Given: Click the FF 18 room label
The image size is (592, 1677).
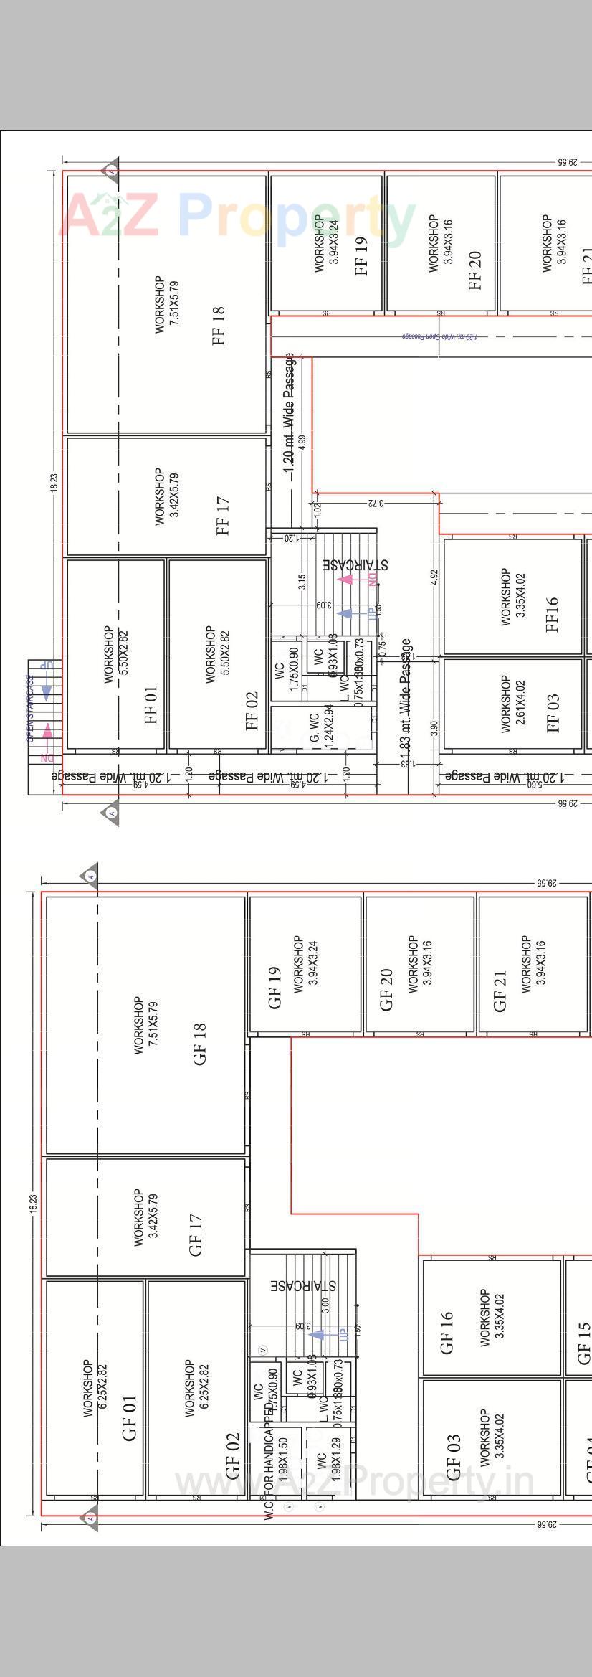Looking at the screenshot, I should (219, 326).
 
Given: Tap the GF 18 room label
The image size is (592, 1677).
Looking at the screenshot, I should (199, 1044).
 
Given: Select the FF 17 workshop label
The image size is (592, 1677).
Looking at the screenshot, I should (222, 516).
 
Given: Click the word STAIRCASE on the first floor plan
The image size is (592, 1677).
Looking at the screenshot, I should (355, 564).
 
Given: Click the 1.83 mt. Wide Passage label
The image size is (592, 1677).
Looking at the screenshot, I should (406, 703).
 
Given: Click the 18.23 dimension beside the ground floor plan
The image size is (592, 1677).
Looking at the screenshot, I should (33, 1203).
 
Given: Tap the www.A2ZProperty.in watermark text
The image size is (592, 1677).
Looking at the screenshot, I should (355, 1482).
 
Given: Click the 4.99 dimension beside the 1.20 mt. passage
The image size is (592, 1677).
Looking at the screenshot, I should (302, 443).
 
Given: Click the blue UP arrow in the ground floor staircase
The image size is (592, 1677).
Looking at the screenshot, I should (320, 1334).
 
